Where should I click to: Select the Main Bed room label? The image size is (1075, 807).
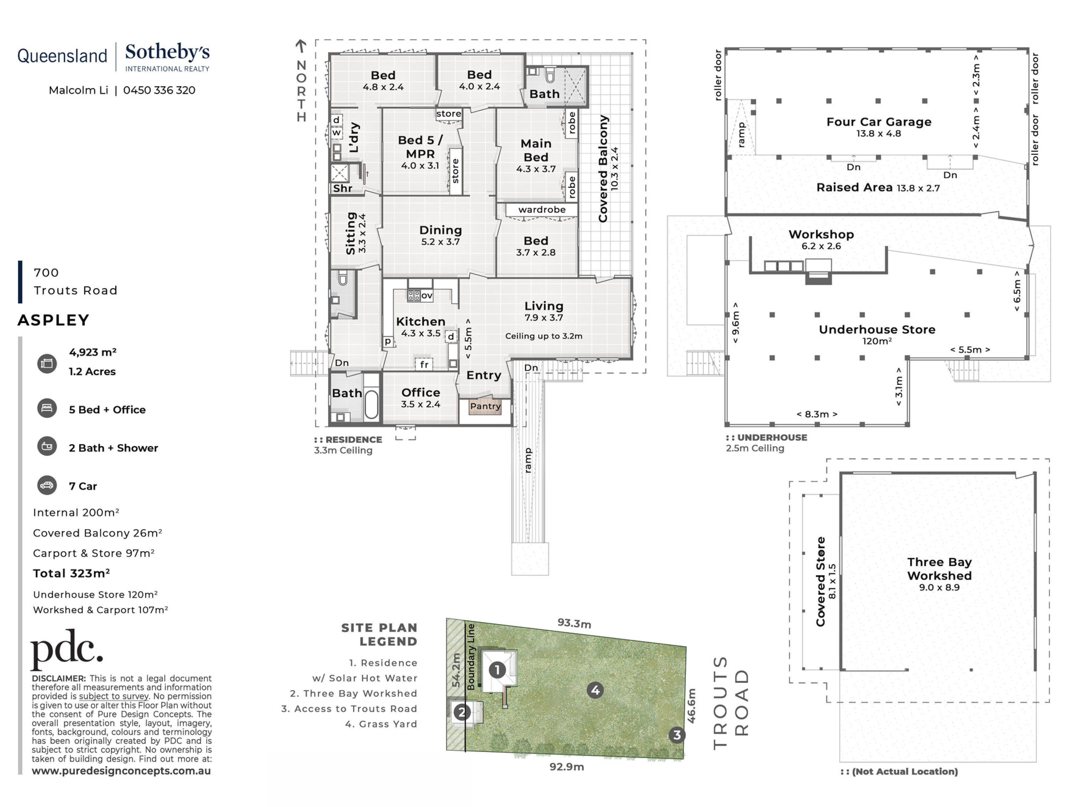536,150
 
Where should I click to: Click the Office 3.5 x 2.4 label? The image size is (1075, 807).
421,398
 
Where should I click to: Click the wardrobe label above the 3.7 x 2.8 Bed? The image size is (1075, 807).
542,210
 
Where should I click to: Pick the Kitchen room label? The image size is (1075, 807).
421,321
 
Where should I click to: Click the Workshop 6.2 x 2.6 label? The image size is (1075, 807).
821,240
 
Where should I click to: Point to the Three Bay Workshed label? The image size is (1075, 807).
940,569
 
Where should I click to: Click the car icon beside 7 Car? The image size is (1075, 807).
47,485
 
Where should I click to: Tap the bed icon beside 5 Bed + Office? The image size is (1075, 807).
47,408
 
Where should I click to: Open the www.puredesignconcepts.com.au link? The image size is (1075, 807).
121,771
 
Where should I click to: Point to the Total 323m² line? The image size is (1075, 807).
72,574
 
